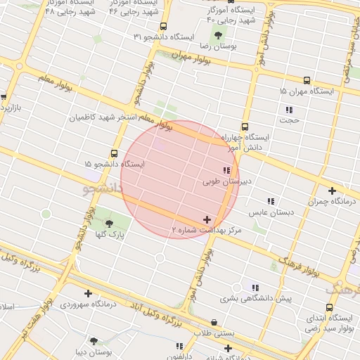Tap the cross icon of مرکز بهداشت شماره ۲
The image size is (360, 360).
(x=206, y=220)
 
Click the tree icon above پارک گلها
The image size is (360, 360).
(x=108, y=224)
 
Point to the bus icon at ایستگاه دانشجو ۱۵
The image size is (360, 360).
(x=114, y=153)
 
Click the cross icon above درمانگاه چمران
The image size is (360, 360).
(x=332, y=190)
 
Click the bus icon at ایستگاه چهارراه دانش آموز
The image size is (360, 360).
(x=244, y=127)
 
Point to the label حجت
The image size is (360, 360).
(x=289, y=120)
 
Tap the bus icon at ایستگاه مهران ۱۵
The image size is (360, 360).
(x=307, y=81)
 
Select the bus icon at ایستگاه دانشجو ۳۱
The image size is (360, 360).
(x=163, y=26)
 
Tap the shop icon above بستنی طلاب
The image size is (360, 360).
(x=214, y=322)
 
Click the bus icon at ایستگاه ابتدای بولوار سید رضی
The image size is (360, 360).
(x=330, y=307)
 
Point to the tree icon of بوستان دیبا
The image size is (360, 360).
(x=94, y=341)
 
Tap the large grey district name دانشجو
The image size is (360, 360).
(x=103, y=188)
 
